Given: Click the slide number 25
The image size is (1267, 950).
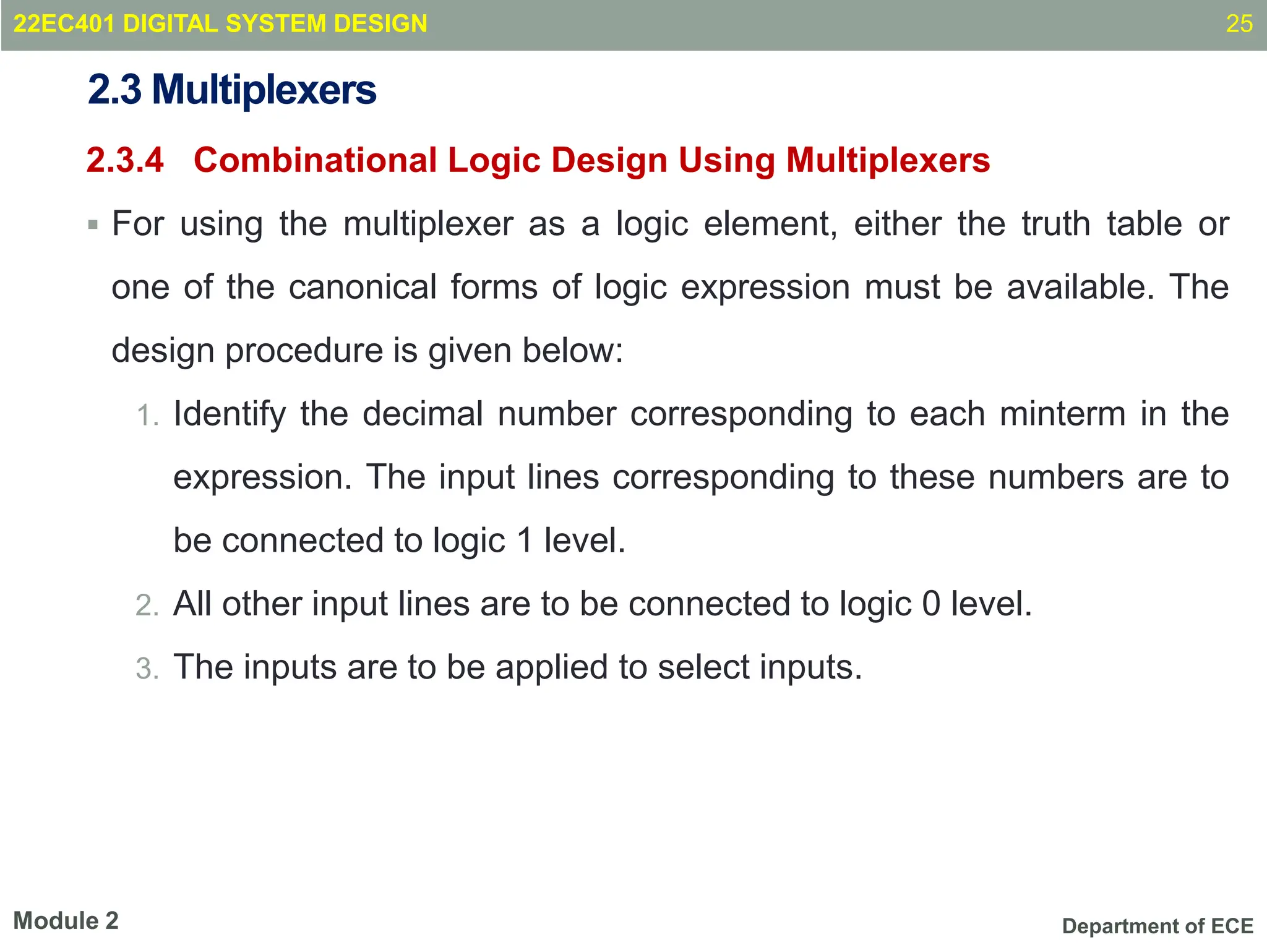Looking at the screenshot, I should [1239, 24].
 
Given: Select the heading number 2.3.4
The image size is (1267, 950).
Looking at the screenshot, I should [125, 160].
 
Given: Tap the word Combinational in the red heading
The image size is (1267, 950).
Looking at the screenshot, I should [315, 160].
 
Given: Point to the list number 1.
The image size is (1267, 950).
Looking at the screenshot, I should [147, 416].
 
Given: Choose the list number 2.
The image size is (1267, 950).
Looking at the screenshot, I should [147, 606].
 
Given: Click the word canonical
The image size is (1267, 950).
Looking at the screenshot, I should [363, 288].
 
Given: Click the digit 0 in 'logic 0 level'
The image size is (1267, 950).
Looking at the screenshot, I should [931, 604].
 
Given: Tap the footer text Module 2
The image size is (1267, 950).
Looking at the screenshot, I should [66, 921].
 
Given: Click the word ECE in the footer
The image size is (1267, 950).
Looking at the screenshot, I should [1232, 926].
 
